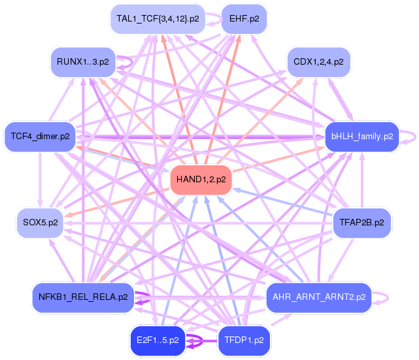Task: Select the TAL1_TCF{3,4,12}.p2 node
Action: (158, 18)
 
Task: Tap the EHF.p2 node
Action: (244, 18)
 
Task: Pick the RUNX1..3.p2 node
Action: (83, 62)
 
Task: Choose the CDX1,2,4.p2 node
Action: (318, 62)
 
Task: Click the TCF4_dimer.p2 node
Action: (40, 137)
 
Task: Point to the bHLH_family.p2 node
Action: (361, 137)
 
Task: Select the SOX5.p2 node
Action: (41, 222)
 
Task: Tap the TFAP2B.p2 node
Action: (361, 222)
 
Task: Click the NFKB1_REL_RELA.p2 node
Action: (83, 297)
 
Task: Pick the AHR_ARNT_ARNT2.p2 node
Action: (318, 297)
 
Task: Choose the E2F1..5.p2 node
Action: (158, 340)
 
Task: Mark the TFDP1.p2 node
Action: (244, 340)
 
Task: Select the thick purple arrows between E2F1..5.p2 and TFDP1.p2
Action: (201, 340)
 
